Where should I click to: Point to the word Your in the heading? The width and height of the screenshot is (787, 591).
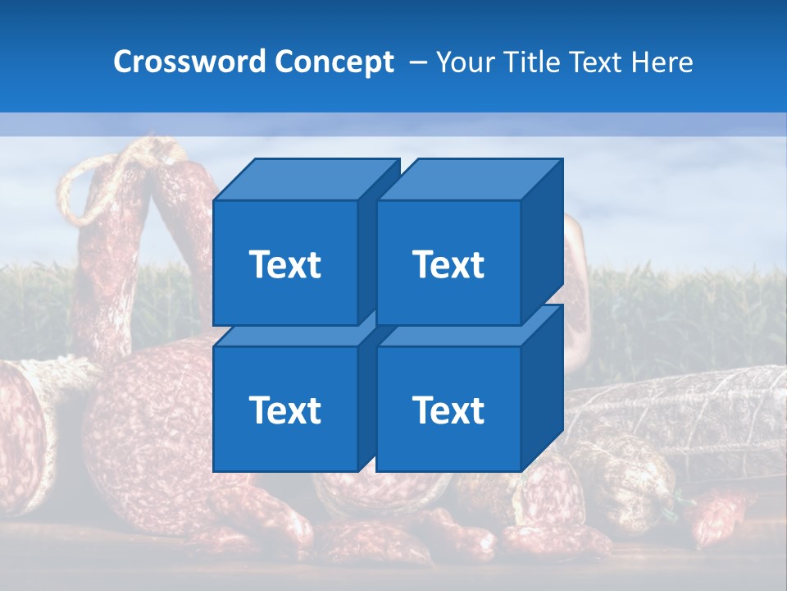(466, 62)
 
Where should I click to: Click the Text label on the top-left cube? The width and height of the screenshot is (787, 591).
(285, 264)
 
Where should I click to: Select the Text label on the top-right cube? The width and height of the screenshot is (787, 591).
(448, 264)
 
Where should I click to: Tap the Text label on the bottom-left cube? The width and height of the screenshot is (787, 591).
(285, 410)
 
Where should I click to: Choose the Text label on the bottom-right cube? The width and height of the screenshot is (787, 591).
(448, 410)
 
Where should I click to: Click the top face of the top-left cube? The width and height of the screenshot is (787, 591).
(303, 179)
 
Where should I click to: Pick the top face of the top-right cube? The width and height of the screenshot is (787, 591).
(467, 179)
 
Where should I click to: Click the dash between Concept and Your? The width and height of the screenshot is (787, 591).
(416, 62)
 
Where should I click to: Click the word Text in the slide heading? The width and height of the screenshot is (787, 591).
(597, 62)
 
